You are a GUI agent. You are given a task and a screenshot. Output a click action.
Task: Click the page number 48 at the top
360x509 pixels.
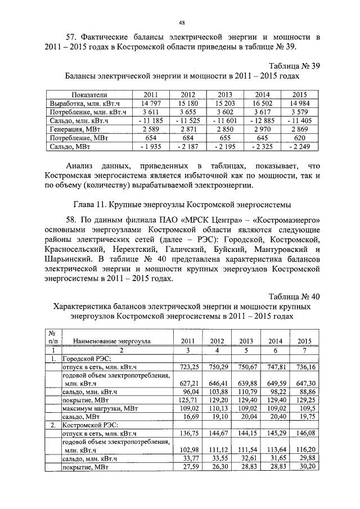182,22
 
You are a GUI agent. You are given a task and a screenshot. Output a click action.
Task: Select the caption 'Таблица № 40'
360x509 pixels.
293,296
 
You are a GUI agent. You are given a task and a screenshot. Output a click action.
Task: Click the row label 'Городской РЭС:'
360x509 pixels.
87,358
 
